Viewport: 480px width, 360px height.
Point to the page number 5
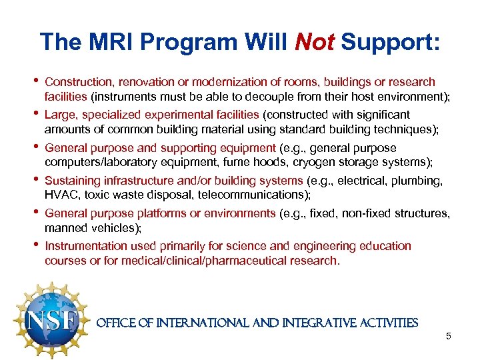pos(449,336)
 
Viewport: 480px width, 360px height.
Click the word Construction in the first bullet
pos(79,82)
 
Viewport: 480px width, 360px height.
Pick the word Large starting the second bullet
pos(59,115)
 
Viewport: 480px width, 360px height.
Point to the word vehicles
pos(113,227)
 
